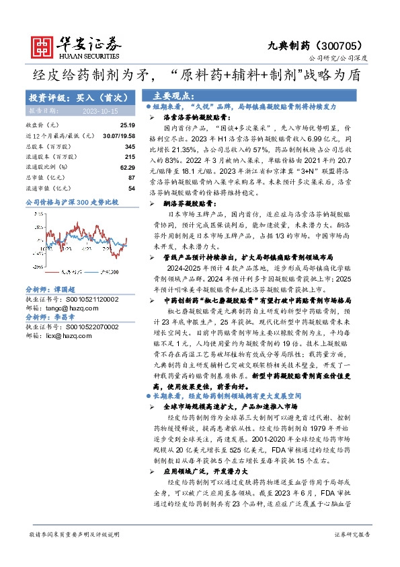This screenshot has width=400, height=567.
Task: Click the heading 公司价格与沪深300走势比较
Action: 71,201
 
